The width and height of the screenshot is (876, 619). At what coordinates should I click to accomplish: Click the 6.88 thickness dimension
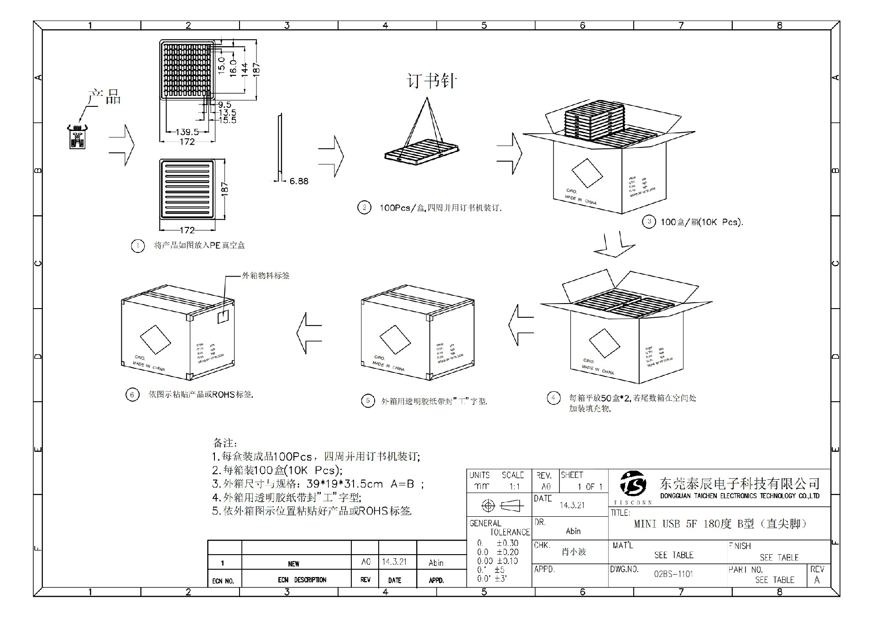(x=299, y=181)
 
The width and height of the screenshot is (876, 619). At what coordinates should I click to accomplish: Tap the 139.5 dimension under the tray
(x=187, y=132)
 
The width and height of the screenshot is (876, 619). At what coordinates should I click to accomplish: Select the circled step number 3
(x=649, y=222)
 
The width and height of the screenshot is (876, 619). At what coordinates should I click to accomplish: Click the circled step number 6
(x=132, y=394)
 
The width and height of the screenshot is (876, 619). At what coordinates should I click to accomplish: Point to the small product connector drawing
(x=77, y=137)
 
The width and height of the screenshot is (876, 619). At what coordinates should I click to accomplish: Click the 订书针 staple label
(x=432, y=82)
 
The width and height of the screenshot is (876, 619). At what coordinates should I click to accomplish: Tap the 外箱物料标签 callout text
(x=266, y=276)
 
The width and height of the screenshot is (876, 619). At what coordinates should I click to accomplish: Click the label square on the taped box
(x=223, y=317)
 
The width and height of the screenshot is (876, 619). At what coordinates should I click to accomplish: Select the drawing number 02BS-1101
(x=673, y=574)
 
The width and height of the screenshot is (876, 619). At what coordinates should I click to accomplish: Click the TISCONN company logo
(x=633, y=485)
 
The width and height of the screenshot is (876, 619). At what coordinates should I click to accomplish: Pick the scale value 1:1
(x=514, y=487)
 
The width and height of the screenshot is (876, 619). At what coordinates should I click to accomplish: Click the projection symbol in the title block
(x=500, y=505)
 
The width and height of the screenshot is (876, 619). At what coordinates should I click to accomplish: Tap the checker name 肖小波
(x=574, y=552)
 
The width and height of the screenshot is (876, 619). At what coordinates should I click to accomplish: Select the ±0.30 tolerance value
(x=507, y=543)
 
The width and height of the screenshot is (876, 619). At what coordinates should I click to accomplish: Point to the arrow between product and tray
(x=122, y=145)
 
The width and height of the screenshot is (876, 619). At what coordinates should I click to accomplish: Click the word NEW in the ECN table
(x=293, y=564)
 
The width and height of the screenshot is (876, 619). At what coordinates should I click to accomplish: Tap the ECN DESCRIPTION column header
(x=302, y=580)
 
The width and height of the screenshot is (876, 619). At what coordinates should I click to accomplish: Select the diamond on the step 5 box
(x=395, y=340)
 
